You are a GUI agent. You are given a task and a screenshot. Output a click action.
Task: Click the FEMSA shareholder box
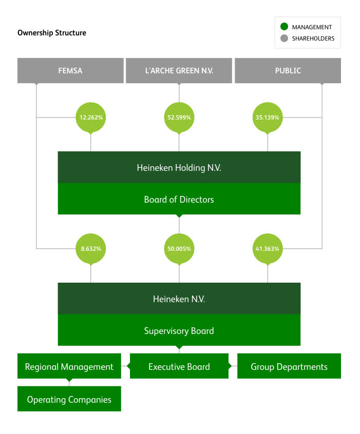70,71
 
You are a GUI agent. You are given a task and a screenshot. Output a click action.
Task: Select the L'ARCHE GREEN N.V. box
179,71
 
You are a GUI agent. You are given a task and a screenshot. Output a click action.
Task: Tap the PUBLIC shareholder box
288,71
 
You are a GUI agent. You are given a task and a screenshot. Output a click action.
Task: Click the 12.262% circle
91,117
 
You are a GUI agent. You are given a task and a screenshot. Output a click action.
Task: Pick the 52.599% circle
179,117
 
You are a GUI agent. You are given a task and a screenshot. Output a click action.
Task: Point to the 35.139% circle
267,117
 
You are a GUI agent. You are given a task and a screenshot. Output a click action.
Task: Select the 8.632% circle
91,249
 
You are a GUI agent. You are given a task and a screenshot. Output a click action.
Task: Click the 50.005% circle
179,249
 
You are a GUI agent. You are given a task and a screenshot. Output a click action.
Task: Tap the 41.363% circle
267,249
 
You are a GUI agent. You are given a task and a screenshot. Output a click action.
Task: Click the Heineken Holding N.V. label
179,168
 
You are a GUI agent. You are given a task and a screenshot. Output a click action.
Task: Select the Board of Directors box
179,200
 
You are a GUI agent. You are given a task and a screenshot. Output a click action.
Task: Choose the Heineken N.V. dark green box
179,299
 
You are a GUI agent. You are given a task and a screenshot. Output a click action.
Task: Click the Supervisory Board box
179,331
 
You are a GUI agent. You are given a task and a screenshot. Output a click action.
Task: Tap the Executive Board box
179,366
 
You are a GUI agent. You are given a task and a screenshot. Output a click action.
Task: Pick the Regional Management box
69,366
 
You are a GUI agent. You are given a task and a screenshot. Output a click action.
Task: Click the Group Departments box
289,366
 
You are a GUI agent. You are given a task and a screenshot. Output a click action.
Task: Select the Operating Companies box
69,399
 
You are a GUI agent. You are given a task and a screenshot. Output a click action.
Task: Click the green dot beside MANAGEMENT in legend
285,27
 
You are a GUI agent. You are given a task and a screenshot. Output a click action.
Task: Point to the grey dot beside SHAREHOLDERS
285,38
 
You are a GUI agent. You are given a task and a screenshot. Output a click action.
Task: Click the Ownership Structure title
52,33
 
